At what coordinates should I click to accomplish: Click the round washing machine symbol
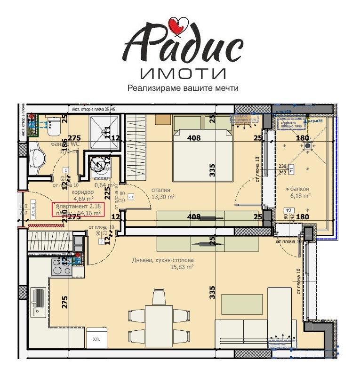100,162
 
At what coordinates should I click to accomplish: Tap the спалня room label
160,190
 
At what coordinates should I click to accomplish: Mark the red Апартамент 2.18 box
78,209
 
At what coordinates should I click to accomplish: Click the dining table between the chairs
159,325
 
